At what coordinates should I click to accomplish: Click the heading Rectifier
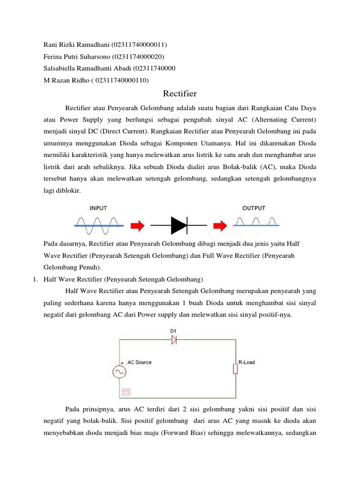tap(180, 94)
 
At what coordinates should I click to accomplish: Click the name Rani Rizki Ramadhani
tap(76, 45)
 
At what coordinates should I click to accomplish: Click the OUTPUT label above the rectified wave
tap(254, 208)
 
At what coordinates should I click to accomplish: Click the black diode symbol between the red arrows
tap(180, 225)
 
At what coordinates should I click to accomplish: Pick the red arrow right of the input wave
tap(137, 226)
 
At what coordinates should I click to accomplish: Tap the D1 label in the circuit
tap(173, 331)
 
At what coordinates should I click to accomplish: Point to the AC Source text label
tap(140, 362)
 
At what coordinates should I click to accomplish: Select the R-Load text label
tap(247, 362)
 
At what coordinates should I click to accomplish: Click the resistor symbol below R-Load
tap(236, 369)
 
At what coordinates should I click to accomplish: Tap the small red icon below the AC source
tap(126, 392)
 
